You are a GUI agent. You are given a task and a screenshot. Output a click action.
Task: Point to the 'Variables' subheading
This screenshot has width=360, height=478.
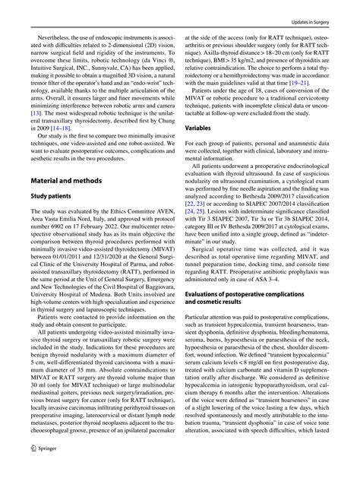(x=201, y=150)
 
